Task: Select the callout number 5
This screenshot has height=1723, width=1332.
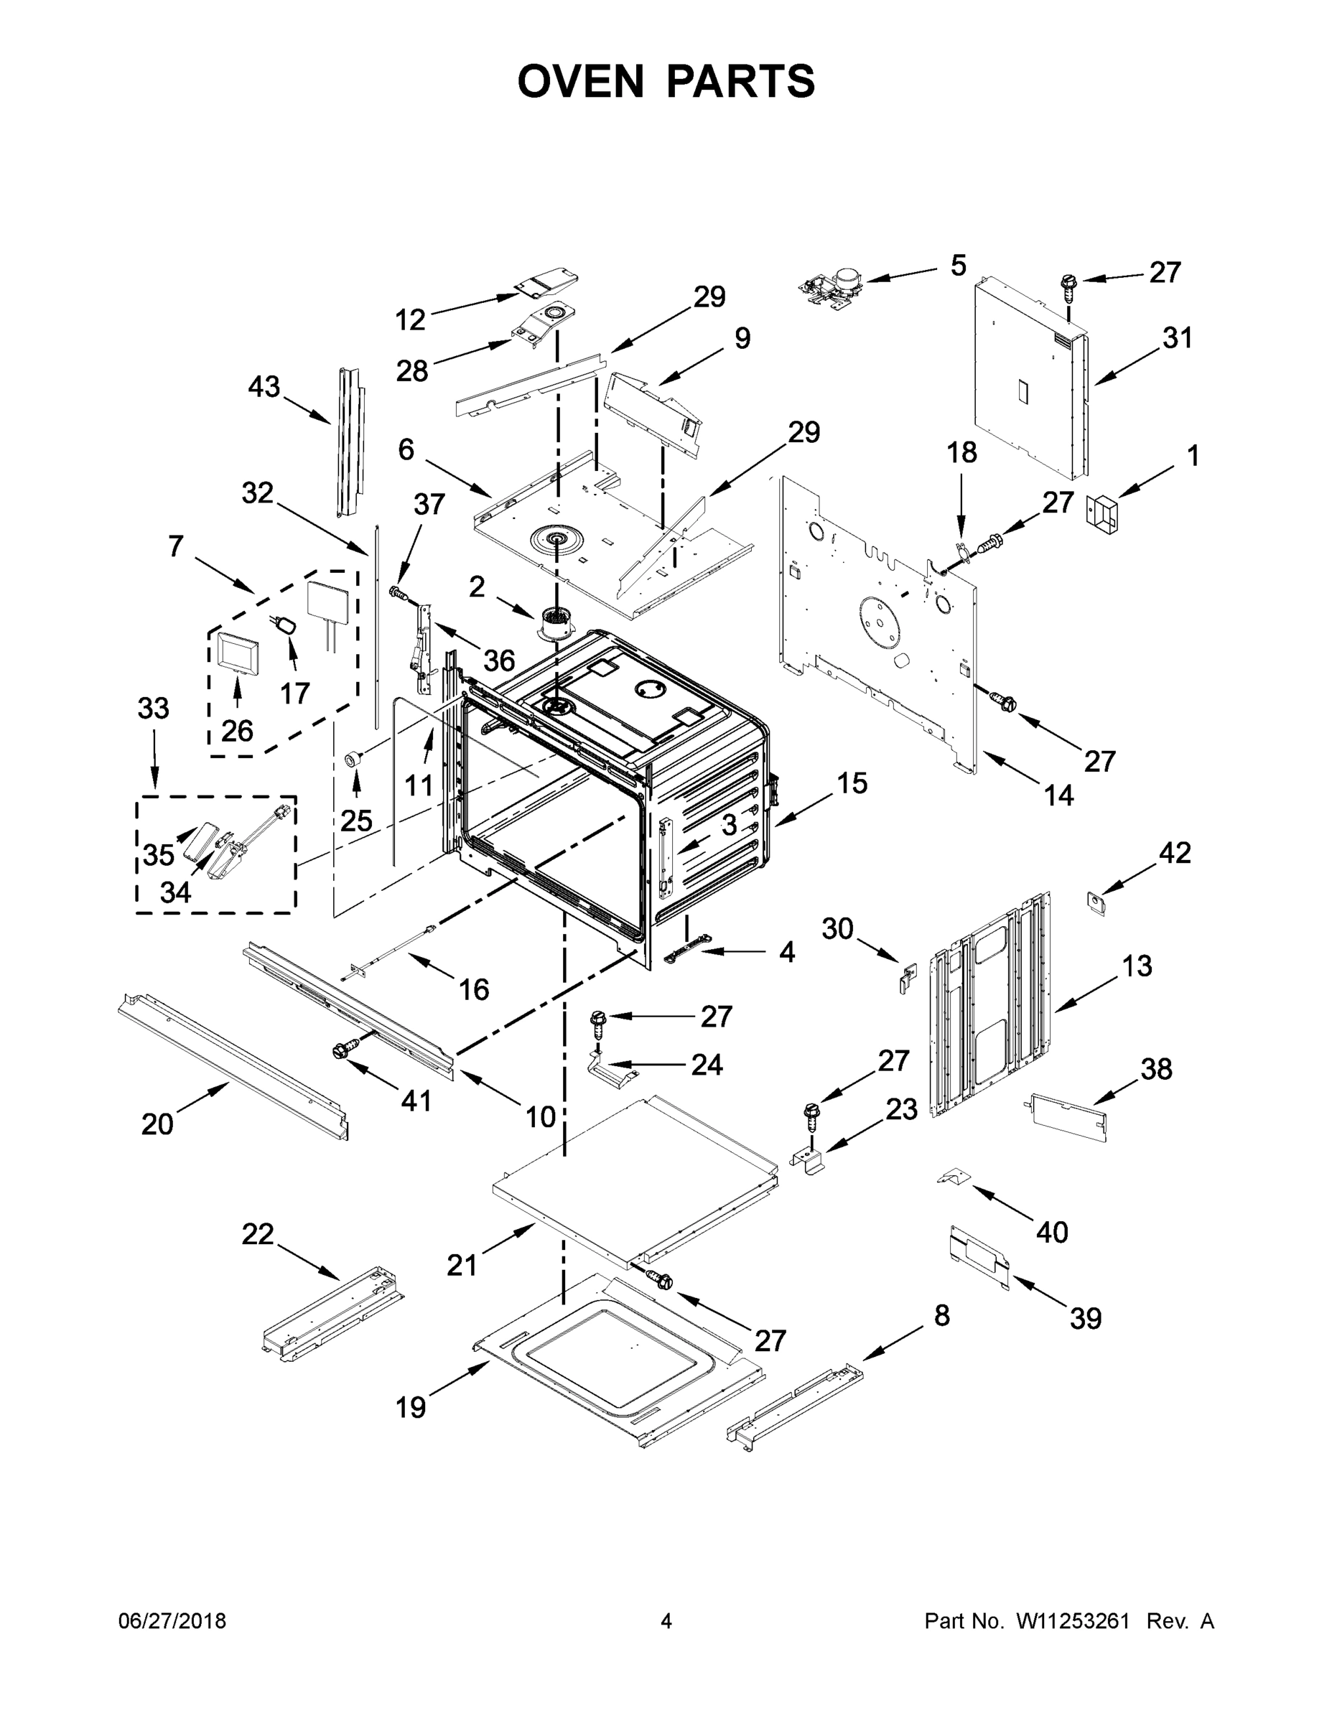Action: [x=958, y=266]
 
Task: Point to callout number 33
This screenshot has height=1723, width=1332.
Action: [x=153, y=708]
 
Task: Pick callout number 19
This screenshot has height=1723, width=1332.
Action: [x=411, y=1406]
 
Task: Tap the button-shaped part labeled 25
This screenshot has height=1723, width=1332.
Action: [x=353, y=759]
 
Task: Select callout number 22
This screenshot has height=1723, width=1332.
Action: [x=257, y=1233]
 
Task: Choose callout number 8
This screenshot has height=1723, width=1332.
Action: [x=941, y=1315]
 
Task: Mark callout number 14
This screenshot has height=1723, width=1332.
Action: [x=1059, y=795]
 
